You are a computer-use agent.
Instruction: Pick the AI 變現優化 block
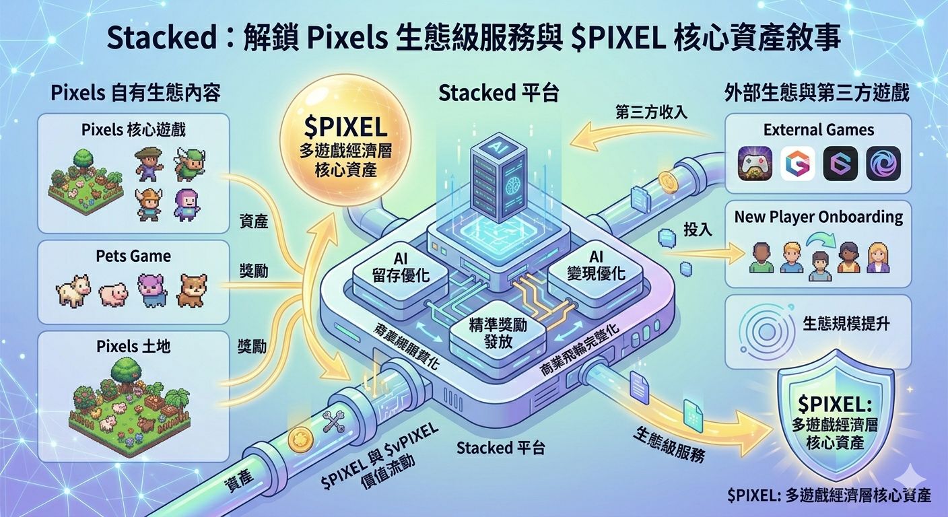point(597,268)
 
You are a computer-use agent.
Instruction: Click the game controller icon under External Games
point(755,164)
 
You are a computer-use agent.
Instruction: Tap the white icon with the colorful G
point(798,164)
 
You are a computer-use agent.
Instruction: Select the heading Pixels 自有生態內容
point(135,92)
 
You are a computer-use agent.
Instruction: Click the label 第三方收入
point(651,112)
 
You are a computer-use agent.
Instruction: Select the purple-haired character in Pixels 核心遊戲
point(186,204)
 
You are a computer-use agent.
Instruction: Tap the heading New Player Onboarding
point(818,217)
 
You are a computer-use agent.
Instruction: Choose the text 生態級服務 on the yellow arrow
point(668,444)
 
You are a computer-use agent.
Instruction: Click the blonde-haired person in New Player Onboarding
point(877,258)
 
